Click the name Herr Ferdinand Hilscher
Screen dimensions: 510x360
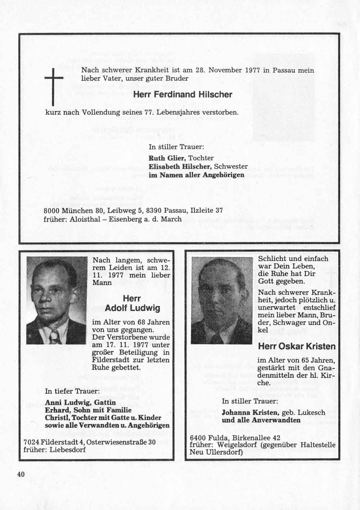(183, 95)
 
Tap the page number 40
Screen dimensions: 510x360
(21, 474)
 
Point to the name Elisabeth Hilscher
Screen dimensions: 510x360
(180, 166)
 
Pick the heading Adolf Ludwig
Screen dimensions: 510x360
(132, 308)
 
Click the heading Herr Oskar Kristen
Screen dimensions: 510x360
(297, 347)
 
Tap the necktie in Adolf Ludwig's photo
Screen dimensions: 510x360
(55, 337)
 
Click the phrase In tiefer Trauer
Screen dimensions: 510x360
(72, 391)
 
